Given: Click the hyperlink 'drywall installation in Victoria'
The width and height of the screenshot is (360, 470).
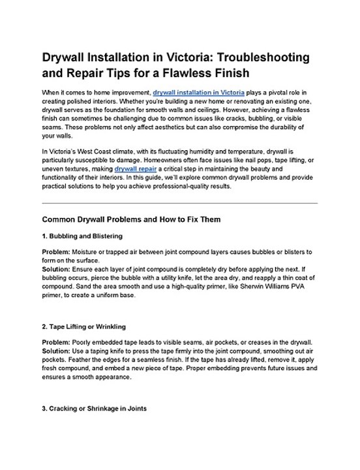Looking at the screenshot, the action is pyautogui.click(x=198, y=93).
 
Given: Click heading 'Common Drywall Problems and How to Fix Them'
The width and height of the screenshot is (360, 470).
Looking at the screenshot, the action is pyautogui.click(x=131, y=219).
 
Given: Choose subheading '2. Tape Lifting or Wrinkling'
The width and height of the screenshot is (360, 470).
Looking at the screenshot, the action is pyautogui.click(x=83, y=326).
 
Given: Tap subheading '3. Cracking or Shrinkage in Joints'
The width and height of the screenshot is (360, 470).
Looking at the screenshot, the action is pyautogui.click(x=94, y=409).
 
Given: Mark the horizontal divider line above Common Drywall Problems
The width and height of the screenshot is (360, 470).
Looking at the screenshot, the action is pyautogui.click(x=179, y=202).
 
